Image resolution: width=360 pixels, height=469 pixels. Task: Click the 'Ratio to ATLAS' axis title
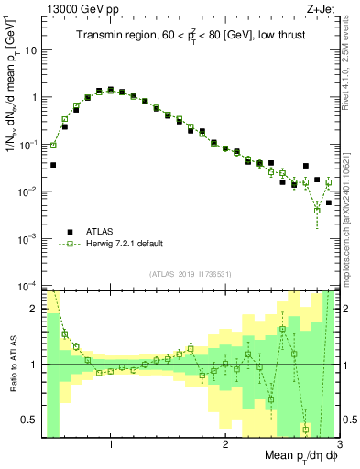pos(12,364)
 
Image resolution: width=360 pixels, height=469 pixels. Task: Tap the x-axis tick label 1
pos(111,444)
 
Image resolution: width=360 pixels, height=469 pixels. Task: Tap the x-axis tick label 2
pos(225,444)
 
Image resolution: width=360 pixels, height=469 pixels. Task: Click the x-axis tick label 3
pos(338,444)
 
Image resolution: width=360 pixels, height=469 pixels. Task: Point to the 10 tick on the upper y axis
pos(32,50)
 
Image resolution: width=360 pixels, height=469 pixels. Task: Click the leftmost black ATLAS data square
pos(53,165)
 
